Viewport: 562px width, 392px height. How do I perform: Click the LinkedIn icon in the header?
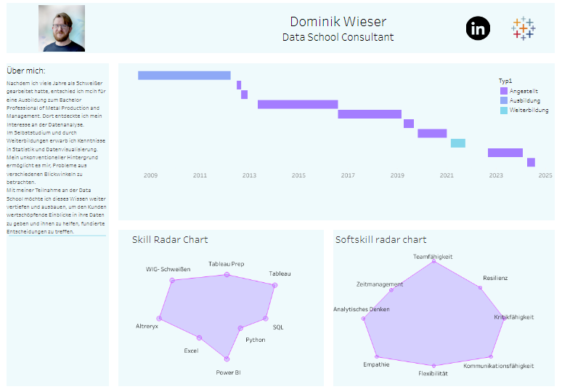tap(478, 28)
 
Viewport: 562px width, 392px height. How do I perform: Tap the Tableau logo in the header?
tap(523, 28)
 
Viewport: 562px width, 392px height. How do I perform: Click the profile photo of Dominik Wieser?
tap(62, 28)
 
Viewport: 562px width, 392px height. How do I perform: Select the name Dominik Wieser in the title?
tap(338, 22)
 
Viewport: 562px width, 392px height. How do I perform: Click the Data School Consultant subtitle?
tap(338, 37)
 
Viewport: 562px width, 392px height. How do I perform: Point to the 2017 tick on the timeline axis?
tap(348, 175)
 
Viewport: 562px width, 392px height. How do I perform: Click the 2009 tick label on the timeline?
tap(150, 175)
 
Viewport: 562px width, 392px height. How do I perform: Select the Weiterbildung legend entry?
tap(529, 111)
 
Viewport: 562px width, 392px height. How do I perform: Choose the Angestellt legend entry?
tap(524, 91)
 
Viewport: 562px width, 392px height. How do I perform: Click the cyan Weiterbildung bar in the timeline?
tap(458, 143)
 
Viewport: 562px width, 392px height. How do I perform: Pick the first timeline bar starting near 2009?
tap(184, 76)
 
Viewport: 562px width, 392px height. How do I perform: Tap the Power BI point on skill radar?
tap(227, 359)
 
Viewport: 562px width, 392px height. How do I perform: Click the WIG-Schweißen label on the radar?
tap(168, 269)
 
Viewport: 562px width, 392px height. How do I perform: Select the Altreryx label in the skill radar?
tap(147, 327)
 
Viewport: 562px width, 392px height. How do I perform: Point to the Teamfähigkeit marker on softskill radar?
tap(434, 262)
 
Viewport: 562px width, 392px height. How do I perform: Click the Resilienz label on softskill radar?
tap(495, 279)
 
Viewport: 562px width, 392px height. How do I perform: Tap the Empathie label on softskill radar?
tap(376, 364)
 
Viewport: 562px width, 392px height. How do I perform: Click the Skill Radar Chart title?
tap(170, 240)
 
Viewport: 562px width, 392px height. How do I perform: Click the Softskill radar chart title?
tap(380, 240)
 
